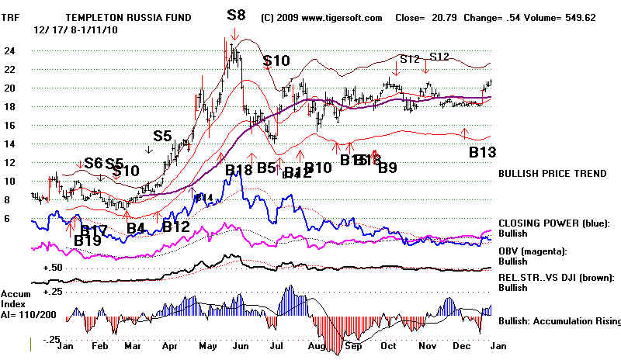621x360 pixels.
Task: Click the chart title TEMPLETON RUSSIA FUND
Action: point(128,16)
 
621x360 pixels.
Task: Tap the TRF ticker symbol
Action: point(12,16)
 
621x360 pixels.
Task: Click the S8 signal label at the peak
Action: point(238,14)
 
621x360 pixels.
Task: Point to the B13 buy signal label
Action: point(483,152)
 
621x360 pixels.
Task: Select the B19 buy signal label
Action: point(88,241)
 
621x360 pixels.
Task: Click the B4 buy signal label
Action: point(136,229)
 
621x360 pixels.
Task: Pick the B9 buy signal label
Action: point(387,168)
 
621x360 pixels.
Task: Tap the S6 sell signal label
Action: point(93,163)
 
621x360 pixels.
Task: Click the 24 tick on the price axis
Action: point(9,50)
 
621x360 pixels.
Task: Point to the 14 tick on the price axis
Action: point(9,144)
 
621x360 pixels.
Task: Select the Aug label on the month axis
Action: point(316,348)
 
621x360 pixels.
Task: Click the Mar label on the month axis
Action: point(133,348)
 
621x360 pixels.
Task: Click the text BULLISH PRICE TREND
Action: point(552,174)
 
